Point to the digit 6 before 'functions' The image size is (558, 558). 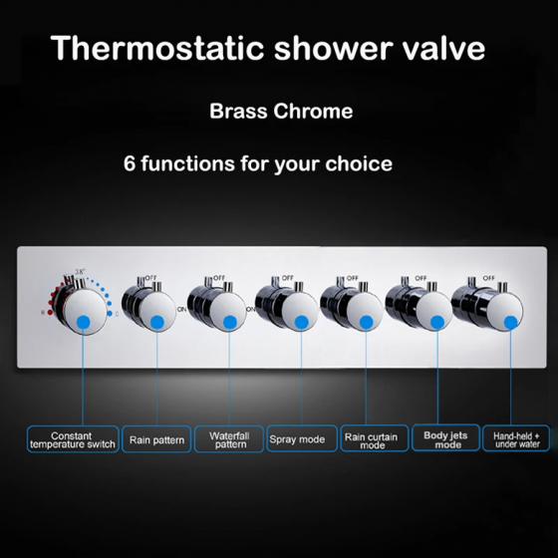pos(129,162)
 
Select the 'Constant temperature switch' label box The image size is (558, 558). pos(71,439)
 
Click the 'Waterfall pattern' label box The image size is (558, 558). pos(229,439)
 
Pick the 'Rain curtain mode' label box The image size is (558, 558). pos(371,439)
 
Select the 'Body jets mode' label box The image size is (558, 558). pos(442,439)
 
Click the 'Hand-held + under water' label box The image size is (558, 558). pos(516,439)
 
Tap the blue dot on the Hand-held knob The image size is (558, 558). pos(511,321)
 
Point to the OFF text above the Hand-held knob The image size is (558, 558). pos(488,278)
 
